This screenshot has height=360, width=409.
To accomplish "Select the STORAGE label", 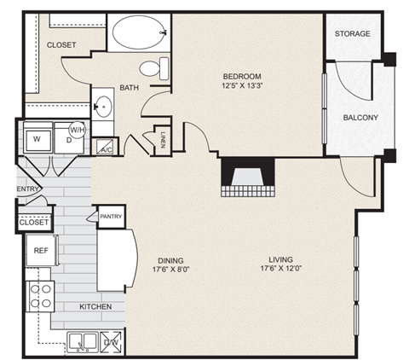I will (353, 34).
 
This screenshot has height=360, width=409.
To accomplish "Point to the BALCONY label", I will (360, 118).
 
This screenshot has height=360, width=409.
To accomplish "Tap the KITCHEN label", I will (97, 305).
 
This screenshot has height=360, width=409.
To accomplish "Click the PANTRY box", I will (111, 217).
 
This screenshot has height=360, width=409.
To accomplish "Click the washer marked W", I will (37, 138).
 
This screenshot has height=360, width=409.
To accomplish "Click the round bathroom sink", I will (103, 107).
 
